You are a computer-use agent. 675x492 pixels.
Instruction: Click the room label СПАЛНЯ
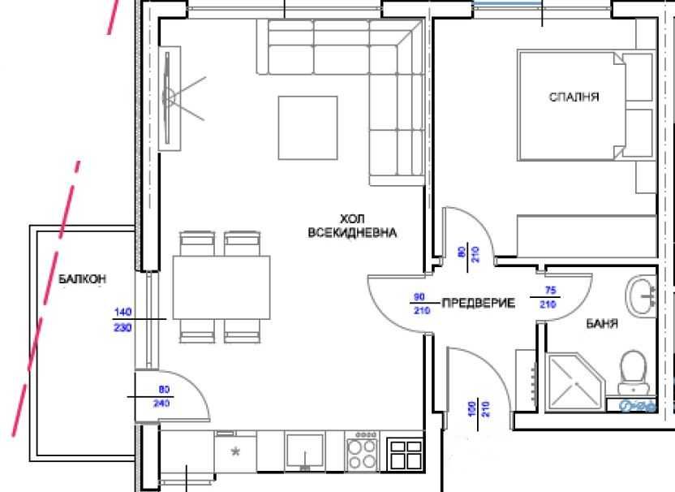(x=574, y=97)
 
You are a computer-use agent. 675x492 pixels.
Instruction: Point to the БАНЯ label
(x=602, y=323)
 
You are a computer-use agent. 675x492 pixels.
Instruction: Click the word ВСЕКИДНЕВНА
(x=352, y=232)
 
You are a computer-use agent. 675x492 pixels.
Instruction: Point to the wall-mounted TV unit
(x=171, y=99)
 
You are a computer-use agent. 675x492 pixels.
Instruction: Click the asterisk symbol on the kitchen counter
(x=237, y=451)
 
